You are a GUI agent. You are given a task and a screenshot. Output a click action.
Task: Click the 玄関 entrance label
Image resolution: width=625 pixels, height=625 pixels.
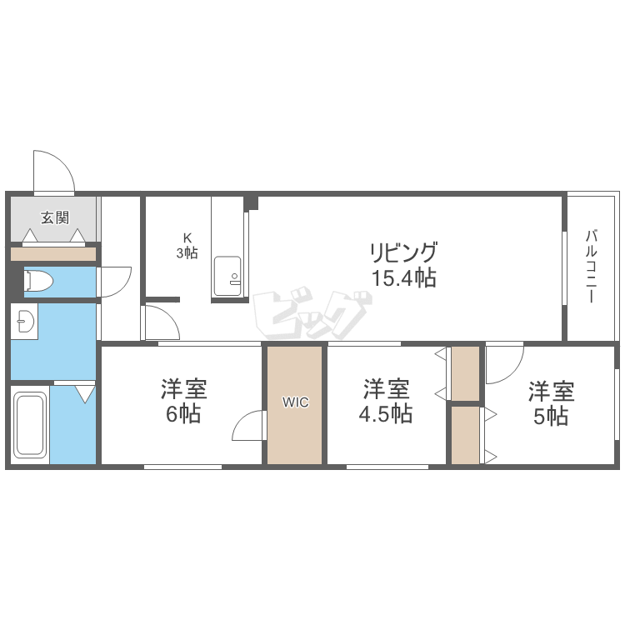[55, 217]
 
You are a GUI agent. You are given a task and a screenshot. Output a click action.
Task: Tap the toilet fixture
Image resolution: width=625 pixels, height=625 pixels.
[38, 281]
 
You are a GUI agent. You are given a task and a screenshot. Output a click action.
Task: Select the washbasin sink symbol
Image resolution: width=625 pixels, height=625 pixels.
[27, 322]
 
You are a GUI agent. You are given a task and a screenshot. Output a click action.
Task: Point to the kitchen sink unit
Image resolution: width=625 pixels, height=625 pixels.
[227, 276]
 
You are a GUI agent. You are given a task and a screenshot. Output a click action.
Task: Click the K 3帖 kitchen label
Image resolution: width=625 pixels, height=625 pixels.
[187, 246]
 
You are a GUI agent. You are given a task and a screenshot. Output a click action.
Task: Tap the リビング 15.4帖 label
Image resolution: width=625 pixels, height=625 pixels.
[404, 265]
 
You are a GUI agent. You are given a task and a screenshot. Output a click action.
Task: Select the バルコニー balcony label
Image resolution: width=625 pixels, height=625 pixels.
[592, 267]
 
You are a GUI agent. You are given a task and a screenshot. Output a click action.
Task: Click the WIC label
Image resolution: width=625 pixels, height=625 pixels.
[295, 402]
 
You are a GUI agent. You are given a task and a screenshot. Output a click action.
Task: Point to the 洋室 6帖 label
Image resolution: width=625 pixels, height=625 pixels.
[184, 402]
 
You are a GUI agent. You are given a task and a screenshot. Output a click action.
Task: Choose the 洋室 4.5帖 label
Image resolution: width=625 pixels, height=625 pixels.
[386, 402]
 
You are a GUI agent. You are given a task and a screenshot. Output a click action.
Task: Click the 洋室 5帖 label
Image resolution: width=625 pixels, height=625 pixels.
[552, 403]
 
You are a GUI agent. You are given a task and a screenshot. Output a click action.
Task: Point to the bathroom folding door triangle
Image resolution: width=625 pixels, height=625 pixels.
[86, 394]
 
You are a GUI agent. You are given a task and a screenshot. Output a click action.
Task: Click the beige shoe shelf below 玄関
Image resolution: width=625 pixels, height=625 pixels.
[53, 254]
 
